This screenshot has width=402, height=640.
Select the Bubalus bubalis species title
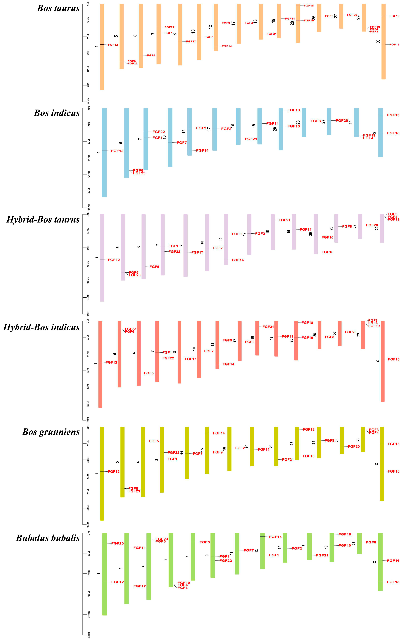(x=48, y=538)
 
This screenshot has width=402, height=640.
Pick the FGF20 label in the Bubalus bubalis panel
(x=117, y=543)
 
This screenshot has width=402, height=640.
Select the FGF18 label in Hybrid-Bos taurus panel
(x=327, y=252)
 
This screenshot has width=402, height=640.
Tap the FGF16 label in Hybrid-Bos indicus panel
(x=393, y=359)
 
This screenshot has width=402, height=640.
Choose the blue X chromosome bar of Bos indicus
(x=381, y=133)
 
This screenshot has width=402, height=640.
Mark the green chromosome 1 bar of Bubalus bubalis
(x=105, y=574)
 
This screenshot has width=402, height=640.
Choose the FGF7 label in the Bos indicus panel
(x=182, y=143)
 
